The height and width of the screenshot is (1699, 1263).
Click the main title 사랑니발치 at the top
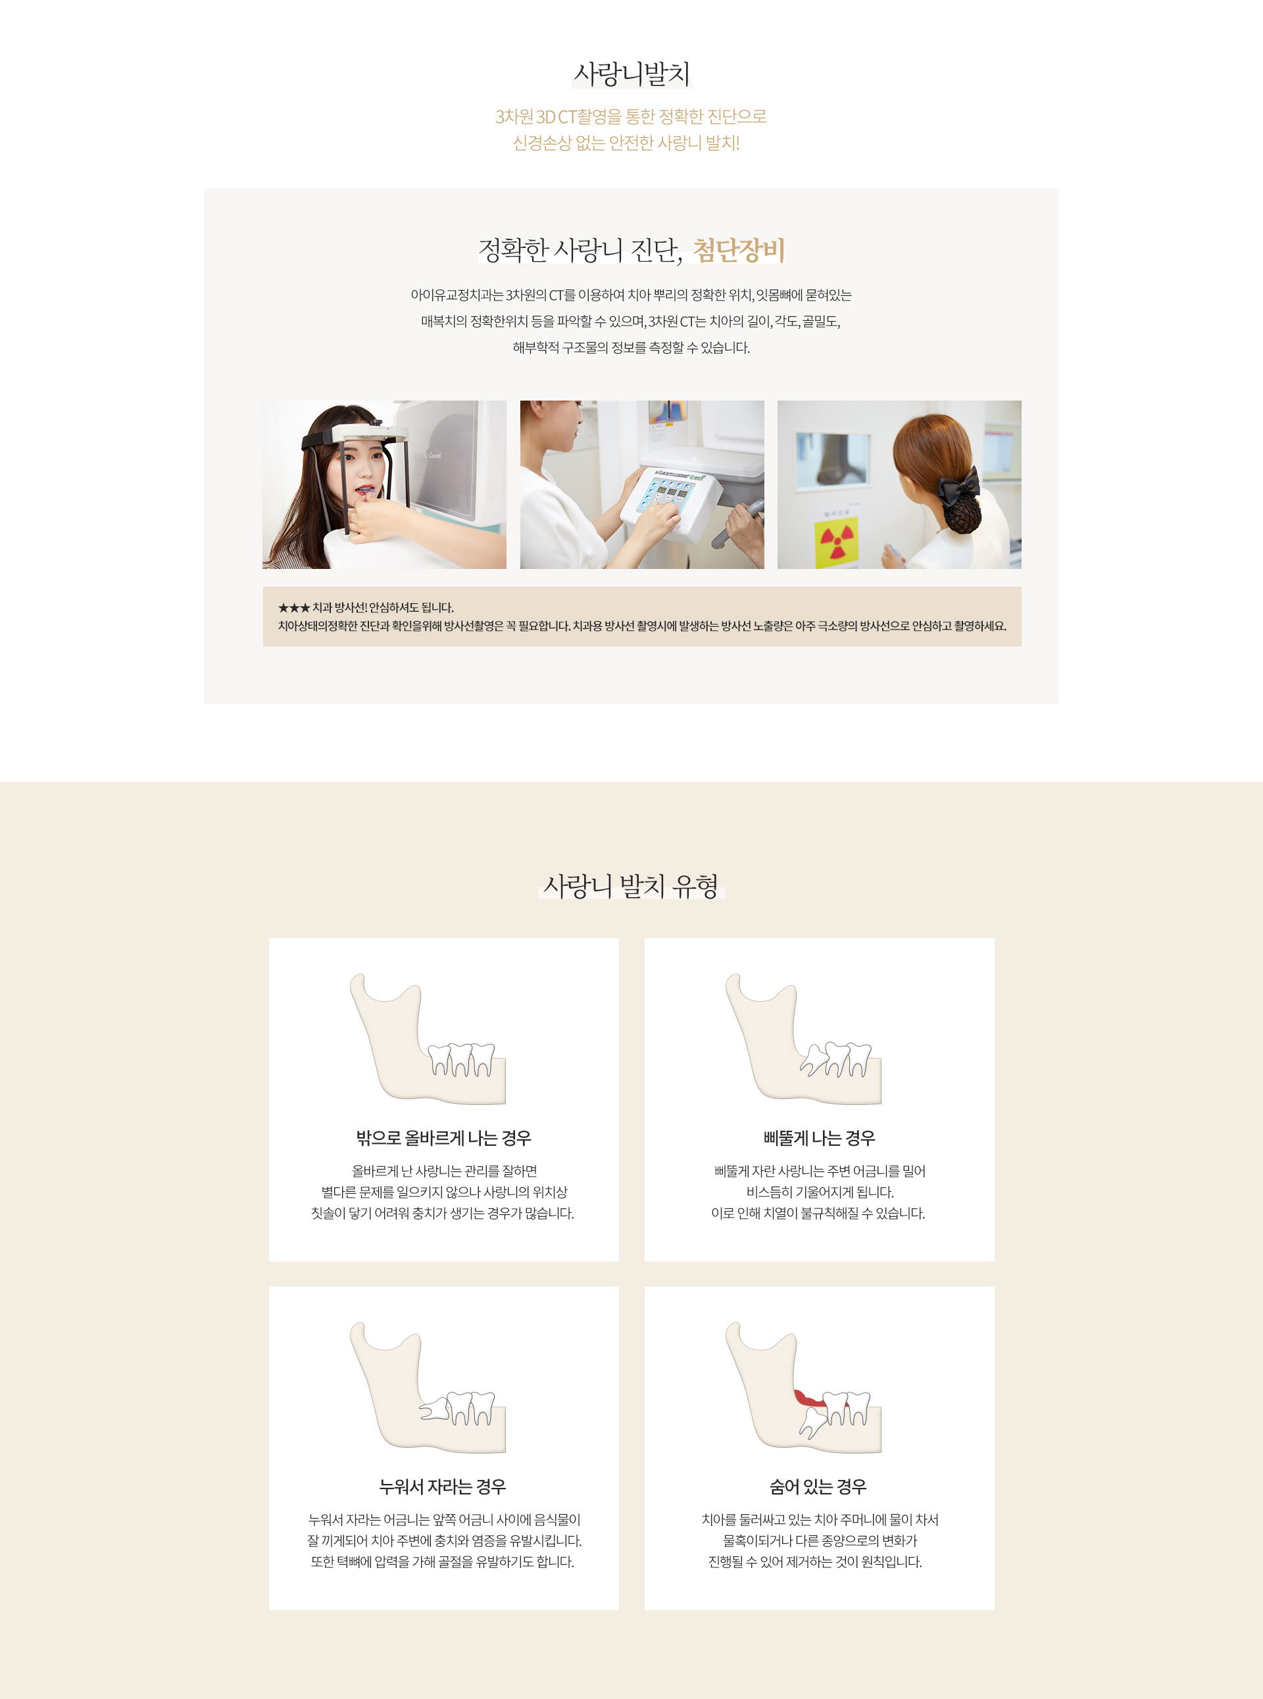631,74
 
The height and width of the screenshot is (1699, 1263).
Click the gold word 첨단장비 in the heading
739,250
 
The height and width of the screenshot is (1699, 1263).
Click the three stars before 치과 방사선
293,608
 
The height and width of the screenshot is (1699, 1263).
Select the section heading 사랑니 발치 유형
631,886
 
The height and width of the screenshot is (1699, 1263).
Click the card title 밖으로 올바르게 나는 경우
443,1138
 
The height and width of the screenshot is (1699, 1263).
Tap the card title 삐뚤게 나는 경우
819,1138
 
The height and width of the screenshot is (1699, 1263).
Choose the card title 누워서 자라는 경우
443,1487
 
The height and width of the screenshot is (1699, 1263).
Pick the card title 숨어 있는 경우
818,1487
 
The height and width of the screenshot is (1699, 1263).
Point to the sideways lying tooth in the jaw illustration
434,1408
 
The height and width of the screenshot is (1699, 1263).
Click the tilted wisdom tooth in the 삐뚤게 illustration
814,1060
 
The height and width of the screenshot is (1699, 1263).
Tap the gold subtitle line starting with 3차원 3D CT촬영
631,117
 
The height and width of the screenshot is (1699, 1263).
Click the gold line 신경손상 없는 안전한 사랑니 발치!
626,143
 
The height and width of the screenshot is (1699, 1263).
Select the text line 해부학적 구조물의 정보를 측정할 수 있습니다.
631,348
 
